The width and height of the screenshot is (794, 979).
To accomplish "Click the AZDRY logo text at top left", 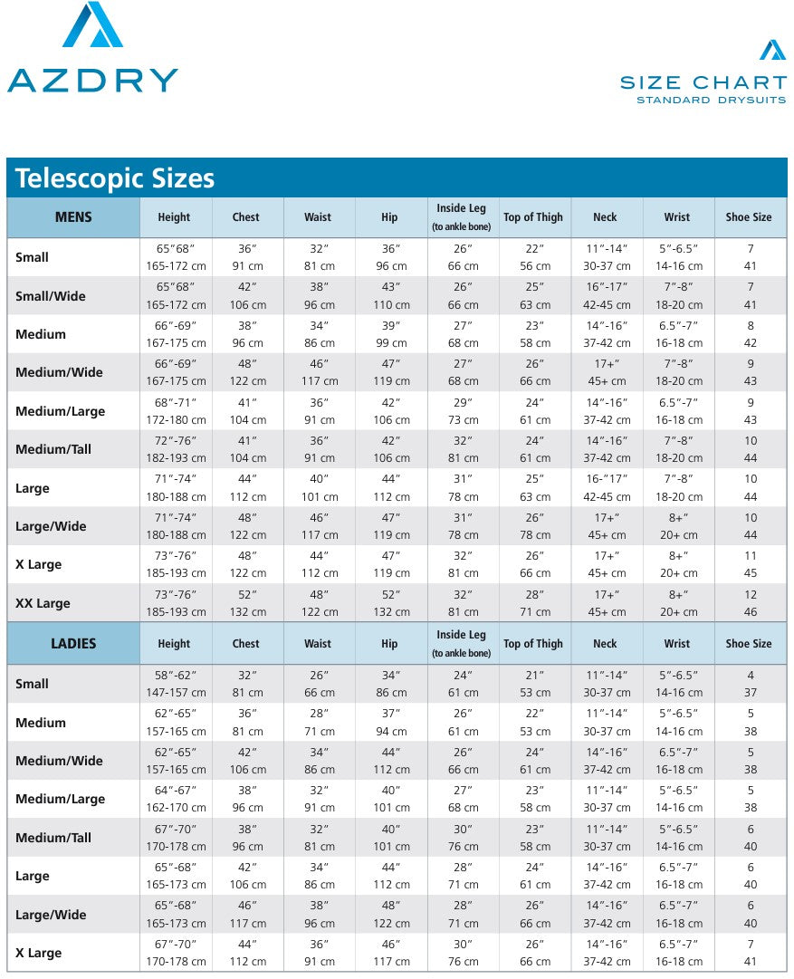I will click(92, 80).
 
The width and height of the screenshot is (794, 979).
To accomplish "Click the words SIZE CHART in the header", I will click(703, 82).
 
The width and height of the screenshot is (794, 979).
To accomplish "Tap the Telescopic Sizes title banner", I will click(115, 178).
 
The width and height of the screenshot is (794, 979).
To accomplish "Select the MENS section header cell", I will click(73, 217).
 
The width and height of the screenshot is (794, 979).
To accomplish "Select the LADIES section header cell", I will click(73, 644).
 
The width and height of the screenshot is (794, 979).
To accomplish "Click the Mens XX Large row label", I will click(43, 603).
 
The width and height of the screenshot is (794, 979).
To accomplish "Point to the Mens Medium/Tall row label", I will click(53, 449).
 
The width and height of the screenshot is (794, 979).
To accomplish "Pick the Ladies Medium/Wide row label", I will click(59, 761).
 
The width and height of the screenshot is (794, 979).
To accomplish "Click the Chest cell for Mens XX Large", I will click(246, 603).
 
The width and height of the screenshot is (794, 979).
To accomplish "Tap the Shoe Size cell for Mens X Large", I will click(750, 564).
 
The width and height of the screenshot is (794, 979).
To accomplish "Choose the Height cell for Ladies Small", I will click(175, 684).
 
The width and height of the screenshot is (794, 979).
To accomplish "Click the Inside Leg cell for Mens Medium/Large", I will click(463, 411).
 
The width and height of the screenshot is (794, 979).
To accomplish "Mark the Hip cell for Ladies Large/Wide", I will click(390, 915).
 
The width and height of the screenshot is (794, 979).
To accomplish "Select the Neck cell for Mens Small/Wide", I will click(606, 295).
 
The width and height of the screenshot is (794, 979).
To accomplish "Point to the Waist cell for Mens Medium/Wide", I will click(318, 372).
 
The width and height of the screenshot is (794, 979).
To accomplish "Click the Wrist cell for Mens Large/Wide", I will click(677, 526).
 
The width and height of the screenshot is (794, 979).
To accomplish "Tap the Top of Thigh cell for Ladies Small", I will click(534, 684).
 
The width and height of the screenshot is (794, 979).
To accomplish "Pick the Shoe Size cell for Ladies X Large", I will click(750, 953).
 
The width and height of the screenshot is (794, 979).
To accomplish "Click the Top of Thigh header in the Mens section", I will click(533, 217).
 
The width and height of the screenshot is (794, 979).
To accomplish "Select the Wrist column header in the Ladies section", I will click(676, 644).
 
